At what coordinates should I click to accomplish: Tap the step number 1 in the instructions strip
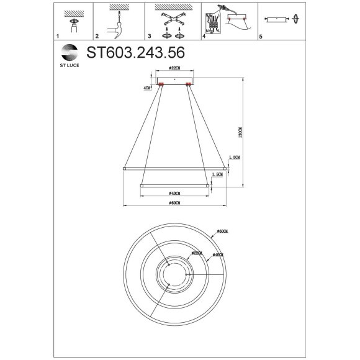[x=58, y=37]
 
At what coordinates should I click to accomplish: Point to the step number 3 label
[x=150, y=37]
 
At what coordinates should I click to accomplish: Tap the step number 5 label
[x=261, y=37]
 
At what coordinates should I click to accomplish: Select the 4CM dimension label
[x=146, y=88]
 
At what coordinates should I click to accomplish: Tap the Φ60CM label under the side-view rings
[x=174, y=203]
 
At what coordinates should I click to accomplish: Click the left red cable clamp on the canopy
[x=161, y=84]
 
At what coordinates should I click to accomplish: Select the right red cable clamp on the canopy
[x=187, y=84]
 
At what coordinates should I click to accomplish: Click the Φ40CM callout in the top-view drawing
[x=218, y=254]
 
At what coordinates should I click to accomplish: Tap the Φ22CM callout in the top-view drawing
[x=197, y=253]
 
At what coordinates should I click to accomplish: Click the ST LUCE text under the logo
[x=69, y=62]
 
